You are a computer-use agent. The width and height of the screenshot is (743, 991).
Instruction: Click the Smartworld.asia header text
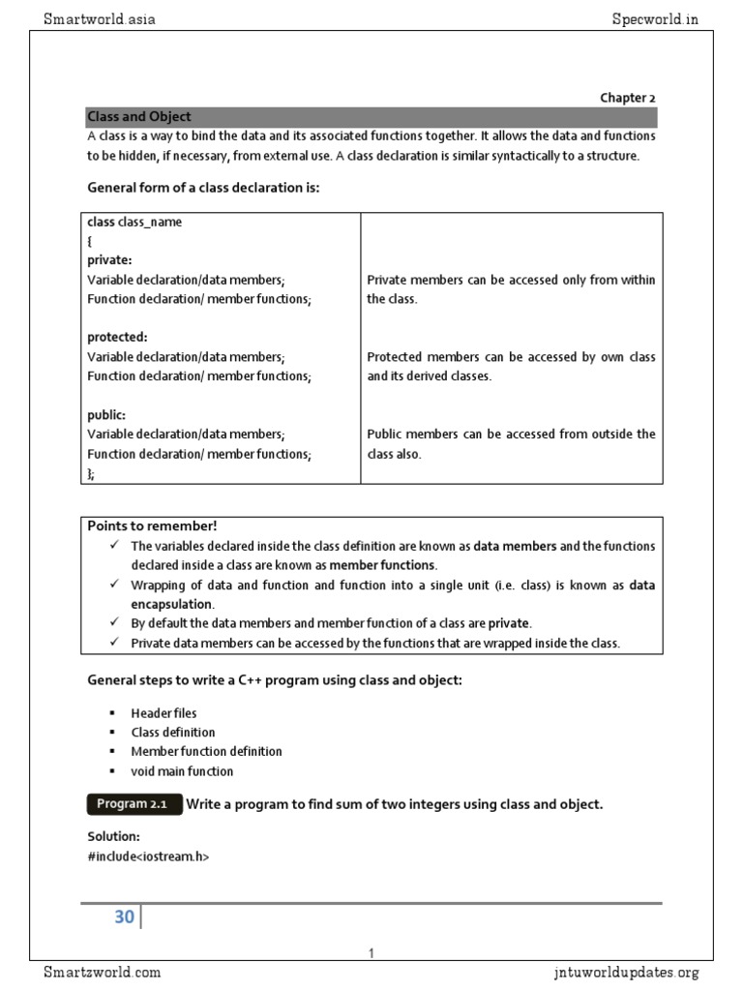[100, 18]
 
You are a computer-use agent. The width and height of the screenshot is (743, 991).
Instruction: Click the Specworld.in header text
[655, 18]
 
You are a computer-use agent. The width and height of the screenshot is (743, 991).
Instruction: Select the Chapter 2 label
[627, 98]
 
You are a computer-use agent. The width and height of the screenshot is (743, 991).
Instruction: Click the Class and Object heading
[139, 117]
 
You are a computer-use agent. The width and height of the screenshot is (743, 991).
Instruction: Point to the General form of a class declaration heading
[203, 188]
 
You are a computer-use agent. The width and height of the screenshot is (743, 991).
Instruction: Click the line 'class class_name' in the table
[134, 222]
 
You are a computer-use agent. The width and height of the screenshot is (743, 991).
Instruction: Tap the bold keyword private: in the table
[110, 260]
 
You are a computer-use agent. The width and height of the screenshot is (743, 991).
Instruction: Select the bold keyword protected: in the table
[117, 338]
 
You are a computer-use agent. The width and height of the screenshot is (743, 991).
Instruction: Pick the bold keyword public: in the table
[106, 415]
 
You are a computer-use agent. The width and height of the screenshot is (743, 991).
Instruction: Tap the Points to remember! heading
[153, 526]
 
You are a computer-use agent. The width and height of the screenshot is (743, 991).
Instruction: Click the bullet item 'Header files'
[163, 713]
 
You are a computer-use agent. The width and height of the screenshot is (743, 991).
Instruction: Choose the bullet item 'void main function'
[182, 771]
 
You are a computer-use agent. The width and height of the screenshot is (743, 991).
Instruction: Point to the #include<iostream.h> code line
[148, 856]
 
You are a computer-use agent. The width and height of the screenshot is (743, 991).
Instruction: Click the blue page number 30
[124, 916]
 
